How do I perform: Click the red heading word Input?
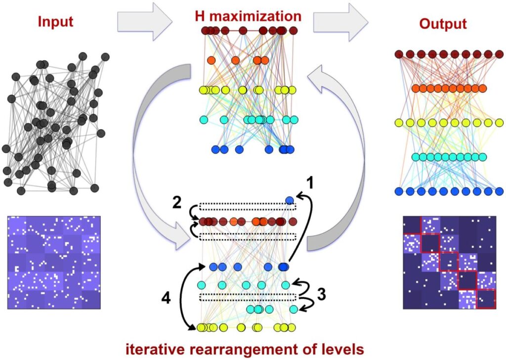tap(56, 22)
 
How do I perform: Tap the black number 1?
tap(310, 183)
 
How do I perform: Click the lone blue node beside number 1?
tap(290, 200)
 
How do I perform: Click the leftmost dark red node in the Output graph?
tap(400, 54)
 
